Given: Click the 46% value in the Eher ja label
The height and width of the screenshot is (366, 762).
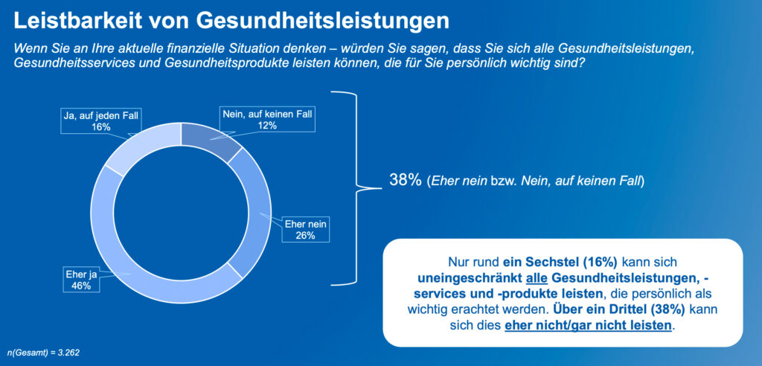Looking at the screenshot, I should (x=77, y=285).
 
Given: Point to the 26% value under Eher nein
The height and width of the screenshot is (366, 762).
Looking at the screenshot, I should (x=306, y=236).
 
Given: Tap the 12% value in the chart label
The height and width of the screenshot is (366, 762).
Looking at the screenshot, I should (x=268, y=126).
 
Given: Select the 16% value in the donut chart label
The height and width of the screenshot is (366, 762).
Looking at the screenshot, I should (x=100, y=127).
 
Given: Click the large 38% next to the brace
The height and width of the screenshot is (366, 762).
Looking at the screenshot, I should (x=406, y=180).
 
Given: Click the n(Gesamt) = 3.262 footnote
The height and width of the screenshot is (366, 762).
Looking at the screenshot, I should (x=43, y=351).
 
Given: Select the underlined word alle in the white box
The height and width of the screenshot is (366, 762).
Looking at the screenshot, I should (x=538, y=277).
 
